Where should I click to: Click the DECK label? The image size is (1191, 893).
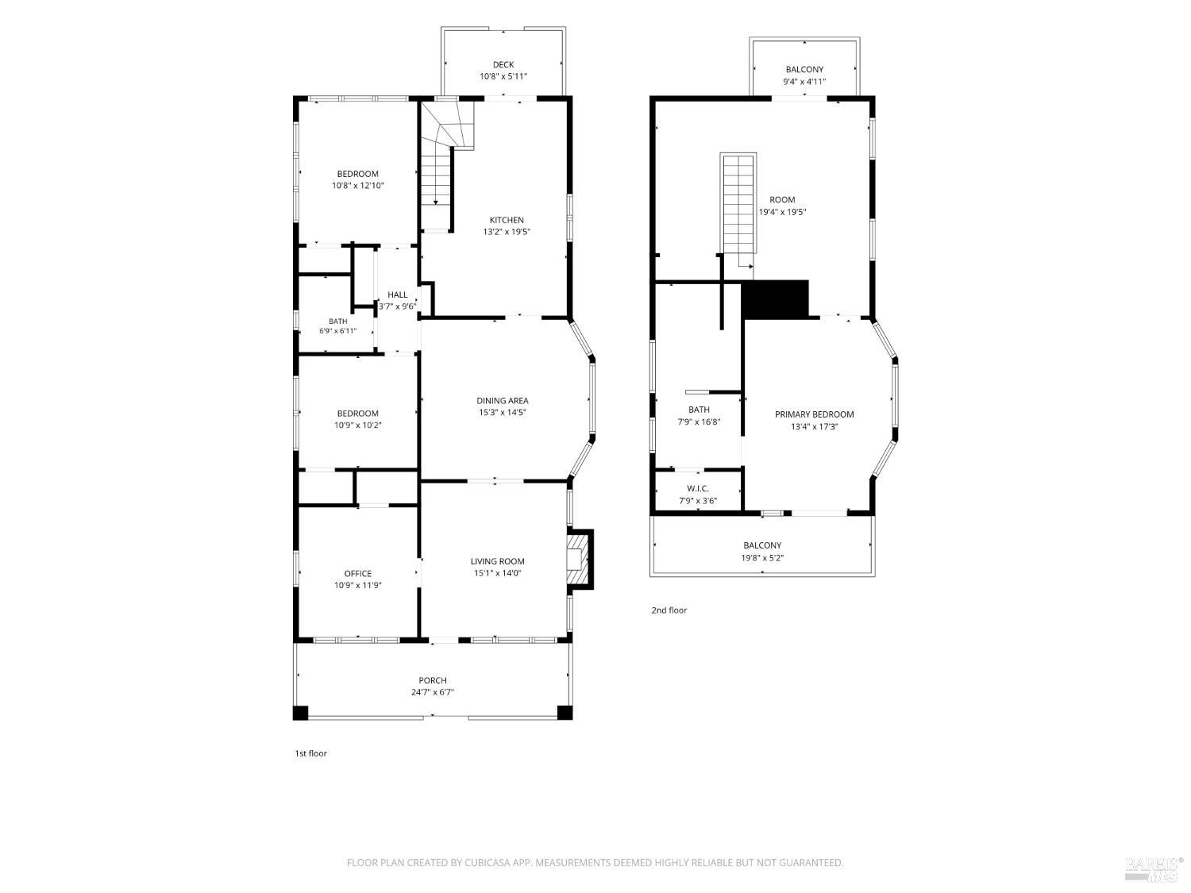503,64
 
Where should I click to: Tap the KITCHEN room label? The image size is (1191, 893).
507,220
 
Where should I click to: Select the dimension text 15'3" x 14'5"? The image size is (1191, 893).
502,412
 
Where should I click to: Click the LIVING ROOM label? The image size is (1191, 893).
497,561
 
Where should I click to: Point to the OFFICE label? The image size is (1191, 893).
357,573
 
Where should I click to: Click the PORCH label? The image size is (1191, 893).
433,680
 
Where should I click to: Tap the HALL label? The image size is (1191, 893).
397,294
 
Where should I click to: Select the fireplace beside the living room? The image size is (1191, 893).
580,559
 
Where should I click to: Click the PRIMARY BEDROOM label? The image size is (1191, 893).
814,414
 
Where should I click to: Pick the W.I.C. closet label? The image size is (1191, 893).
697,488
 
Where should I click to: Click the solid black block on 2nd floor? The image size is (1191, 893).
775,298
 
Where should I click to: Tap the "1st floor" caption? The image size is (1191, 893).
311,753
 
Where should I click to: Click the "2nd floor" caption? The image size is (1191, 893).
669,610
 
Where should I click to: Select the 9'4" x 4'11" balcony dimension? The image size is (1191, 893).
804,81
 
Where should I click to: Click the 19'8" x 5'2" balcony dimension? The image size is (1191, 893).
762,557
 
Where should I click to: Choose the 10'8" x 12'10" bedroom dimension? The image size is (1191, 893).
357,186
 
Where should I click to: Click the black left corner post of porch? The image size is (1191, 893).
301,713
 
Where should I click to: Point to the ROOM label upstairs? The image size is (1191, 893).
782,199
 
